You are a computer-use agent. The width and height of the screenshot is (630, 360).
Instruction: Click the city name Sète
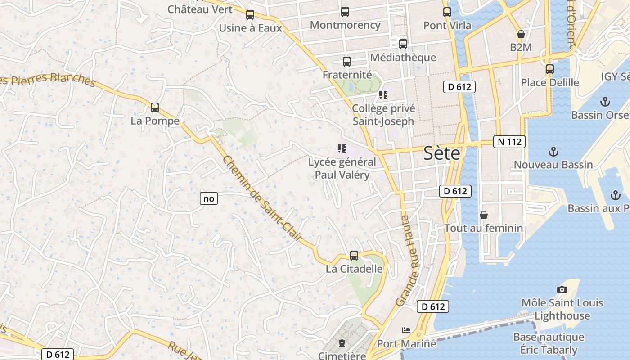point(442,154)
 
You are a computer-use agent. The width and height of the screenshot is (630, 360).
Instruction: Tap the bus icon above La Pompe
point(155,108)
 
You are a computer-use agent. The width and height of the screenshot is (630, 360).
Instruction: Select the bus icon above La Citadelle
point(354,256)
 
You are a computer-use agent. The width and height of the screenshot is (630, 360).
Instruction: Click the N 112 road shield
point(509,142)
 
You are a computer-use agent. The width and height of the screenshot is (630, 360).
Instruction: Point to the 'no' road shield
point(209,198)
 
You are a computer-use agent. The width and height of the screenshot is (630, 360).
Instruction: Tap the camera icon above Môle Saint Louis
point(562,289)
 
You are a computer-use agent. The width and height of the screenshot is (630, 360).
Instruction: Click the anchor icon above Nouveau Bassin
point(553,152)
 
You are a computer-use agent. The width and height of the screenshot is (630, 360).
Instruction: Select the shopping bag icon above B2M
point(521,34)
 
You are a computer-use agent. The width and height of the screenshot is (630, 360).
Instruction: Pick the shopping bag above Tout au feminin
point(484,215)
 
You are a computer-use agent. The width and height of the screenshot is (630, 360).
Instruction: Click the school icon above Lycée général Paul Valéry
point(342,148)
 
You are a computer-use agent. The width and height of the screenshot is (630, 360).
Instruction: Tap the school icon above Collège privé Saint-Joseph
point(383,95)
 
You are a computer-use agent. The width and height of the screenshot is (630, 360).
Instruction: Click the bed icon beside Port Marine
point(406,331)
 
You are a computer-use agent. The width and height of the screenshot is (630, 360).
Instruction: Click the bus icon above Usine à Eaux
point(250,15)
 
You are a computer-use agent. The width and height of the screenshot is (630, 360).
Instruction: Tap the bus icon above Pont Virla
point(447,12)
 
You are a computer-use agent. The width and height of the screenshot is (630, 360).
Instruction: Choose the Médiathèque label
point(403,58)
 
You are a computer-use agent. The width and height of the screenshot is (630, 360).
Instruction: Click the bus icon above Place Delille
point(549,69)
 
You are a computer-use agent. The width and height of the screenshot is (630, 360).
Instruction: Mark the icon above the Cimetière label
point(342,343)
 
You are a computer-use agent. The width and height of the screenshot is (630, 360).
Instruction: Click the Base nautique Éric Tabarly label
point(549,343)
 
